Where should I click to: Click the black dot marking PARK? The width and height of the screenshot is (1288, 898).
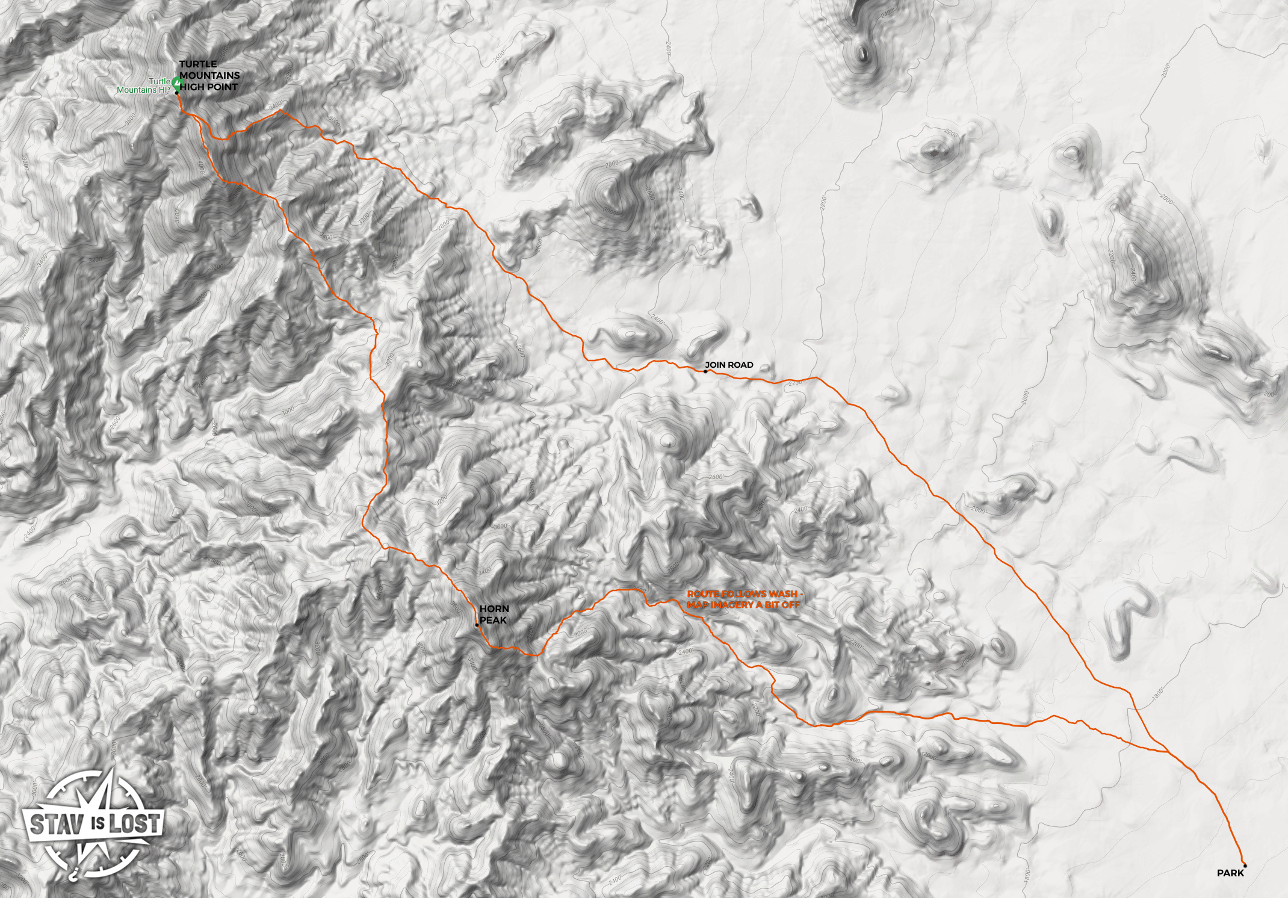click(x=1245, y=865)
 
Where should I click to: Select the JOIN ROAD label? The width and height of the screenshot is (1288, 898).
click(x=729, y=365)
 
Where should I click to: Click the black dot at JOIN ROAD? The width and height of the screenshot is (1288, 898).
click(x=705, y=371)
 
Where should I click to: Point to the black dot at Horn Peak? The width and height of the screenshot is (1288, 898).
click(x=477, y=625)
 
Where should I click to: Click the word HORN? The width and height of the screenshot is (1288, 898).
click(x=491, y=608)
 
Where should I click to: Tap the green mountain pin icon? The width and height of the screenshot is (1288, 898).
click(x=177, y=82)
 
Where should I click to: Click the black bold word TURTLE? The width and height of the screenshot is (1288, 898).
click(x=197, y=64)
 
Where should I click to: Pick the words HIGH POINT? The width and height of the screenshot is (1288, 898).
click(x=208, y=87)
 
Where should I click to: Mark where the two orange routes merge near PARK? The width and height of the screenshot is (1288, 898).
click(x=1168, y=752)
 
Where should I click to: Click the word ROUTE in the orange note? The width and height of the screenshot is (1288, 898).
click(x=702, y=593)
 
